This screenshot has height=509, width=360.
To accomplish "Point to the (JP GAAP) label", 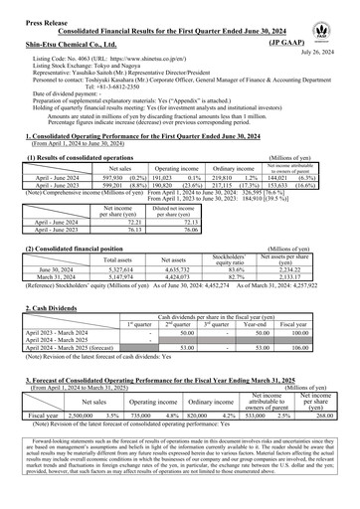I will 324,44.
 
